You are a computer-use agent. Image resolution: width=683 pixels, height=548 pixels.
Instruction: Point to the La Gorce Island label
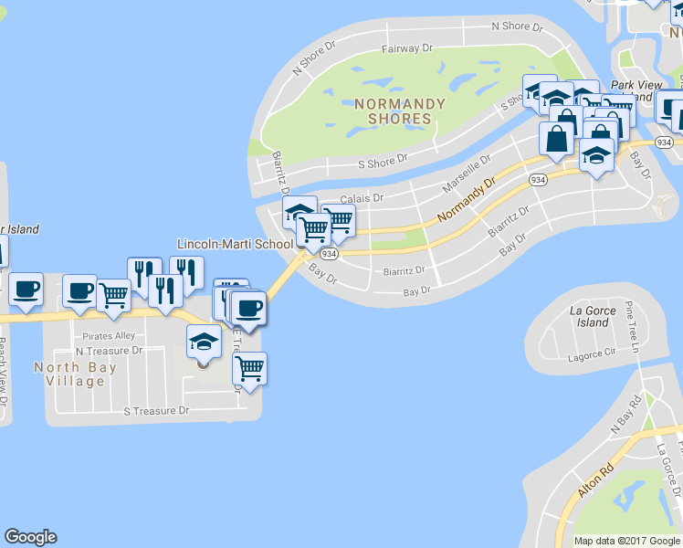click(593, 316)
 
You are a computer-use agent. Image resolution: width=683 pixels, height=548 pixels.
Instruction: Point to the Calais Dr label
click(362, 198)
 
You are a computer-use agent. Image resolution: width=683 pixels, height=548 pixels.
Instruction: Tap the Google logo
click(30, 537)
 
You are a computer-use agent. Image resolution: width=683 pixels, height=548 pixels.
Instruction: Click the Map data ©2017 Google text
click(626, 541)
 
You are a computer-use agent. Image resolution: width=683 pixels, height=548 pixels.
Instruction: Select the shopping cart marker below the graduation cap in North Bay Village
click(249, 368)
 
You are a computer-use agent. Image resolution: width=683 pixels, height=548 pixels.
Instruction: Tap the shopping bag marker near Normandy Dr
click(556, 139)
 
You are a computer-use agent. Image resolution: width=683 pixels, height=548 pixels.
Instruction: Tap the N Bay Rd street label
click(624, 414)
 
